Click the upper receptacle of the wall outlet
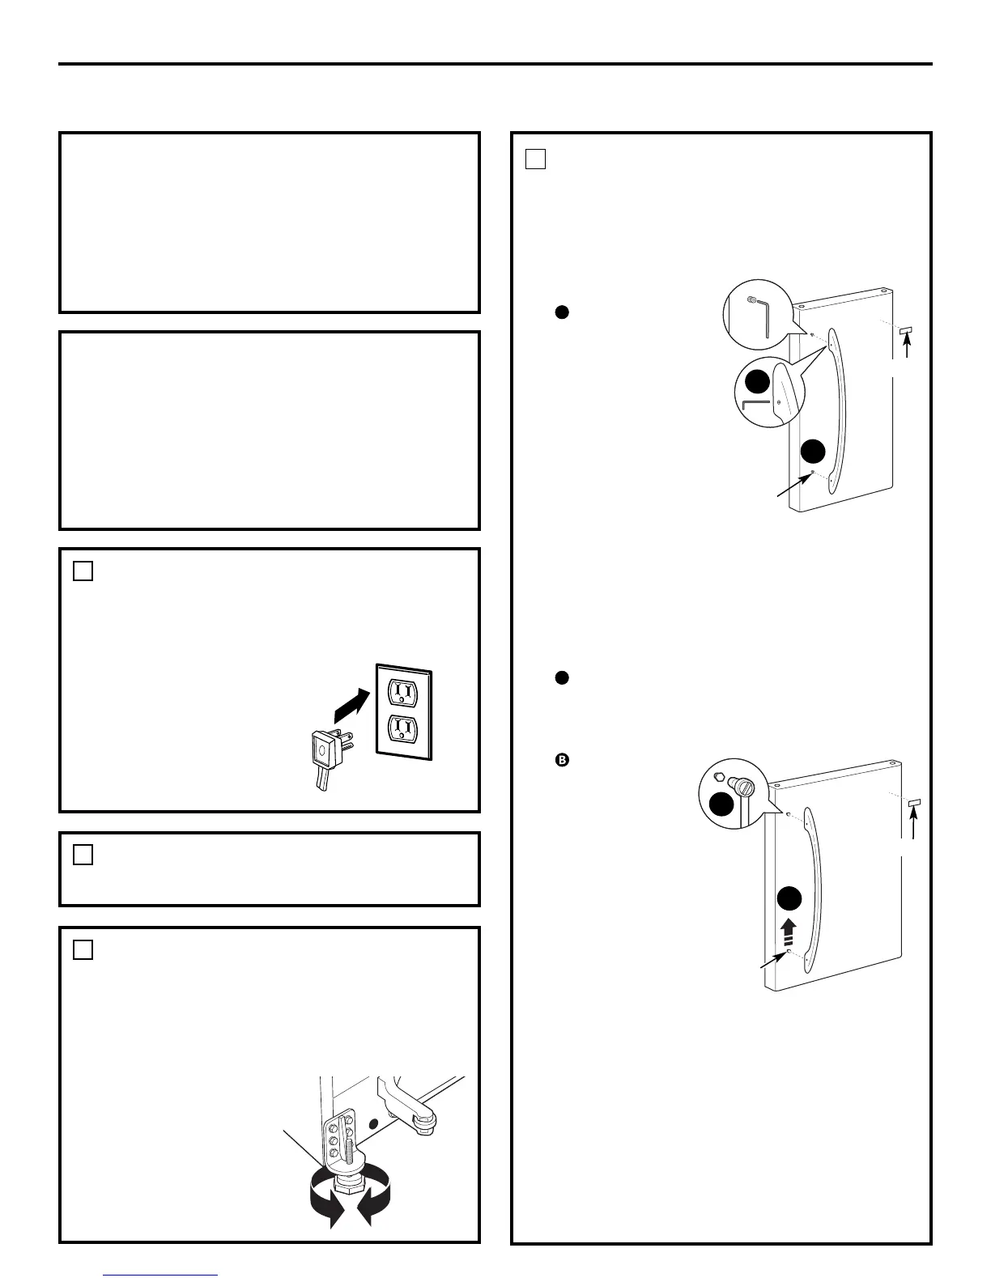402,691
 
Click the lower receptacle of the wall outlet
402,729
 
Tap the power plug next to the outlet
325,751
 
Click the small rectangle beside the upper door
906,331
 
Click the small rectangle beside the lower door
914,803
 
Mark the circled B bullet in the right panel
560,760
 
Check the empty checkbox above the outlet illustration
83,571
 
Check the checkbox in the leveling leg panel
83,949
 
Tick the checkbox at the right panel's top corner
534,159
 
